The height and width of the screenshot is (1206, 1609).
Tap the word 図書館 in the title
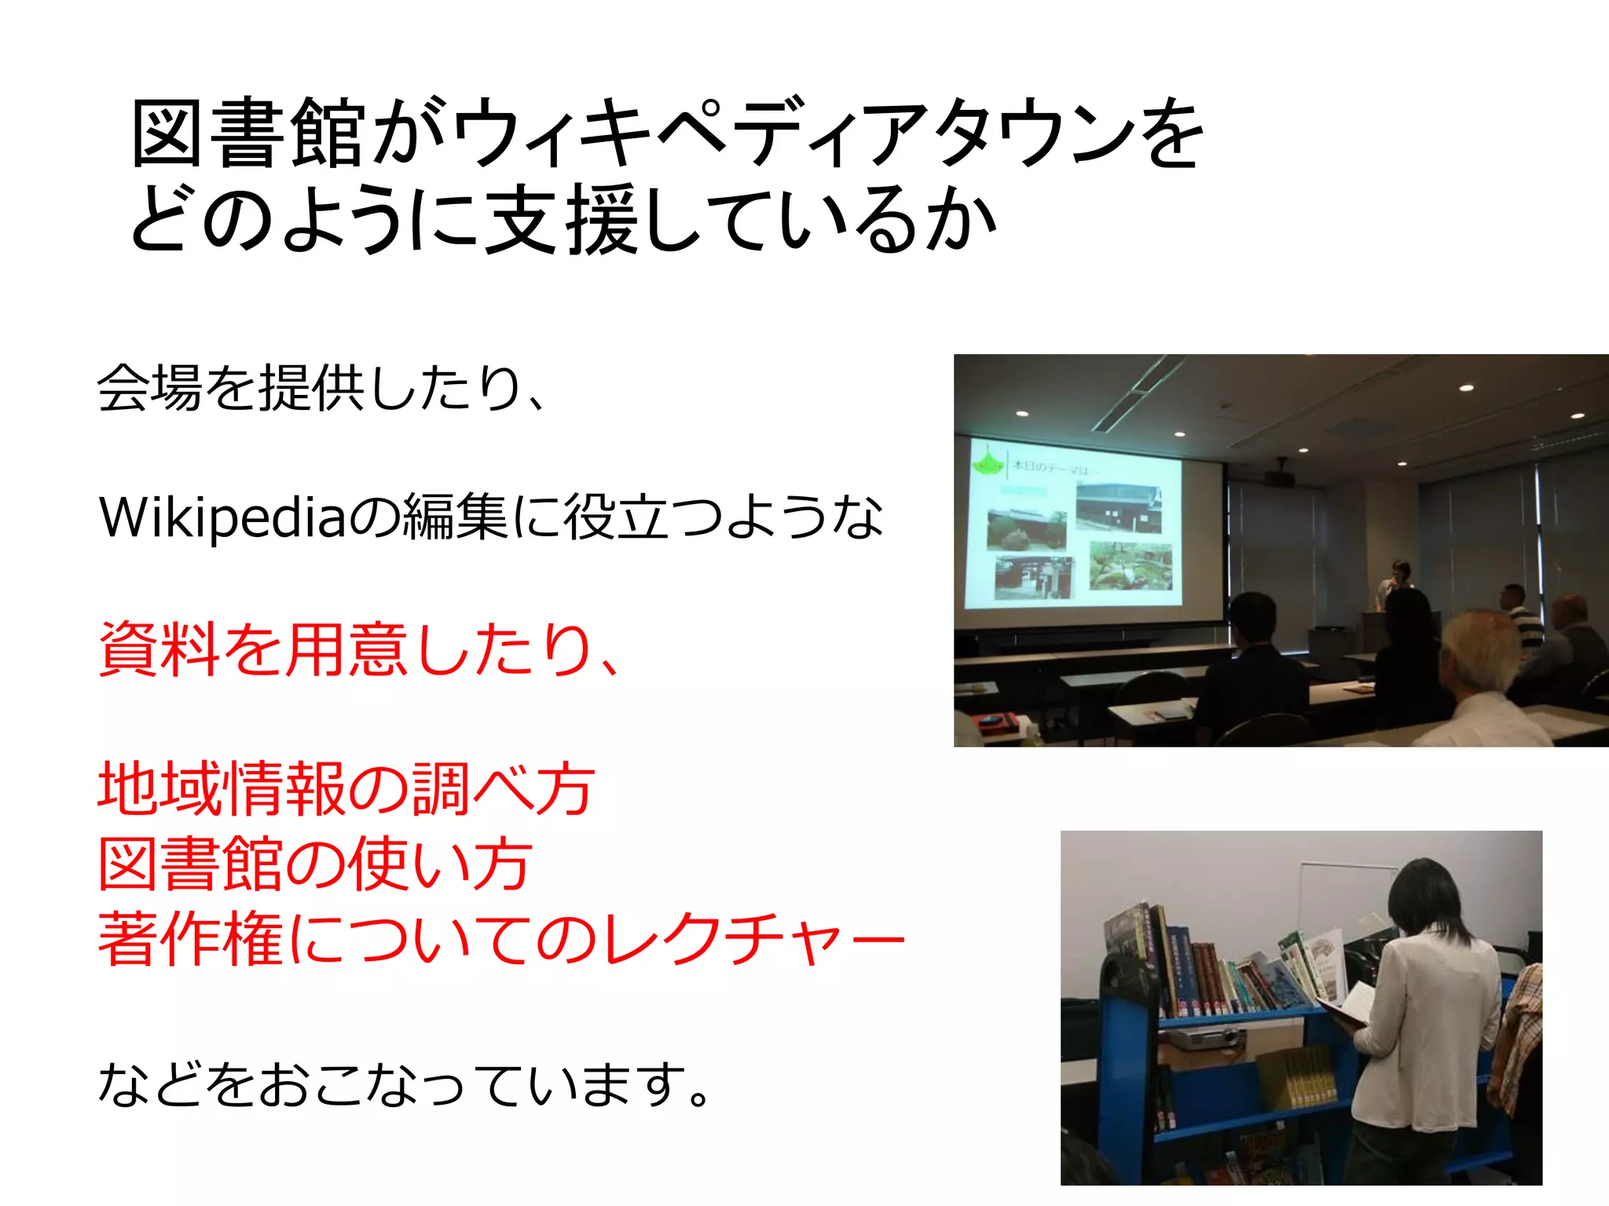[247, 133]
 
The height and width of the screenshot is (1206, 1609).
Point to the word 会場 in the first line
[149, 388]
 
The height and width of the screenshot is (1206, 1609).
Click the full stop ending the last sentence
[698, 1095]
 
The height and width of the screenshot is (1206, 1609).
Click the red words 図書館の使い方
[314, 864]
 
